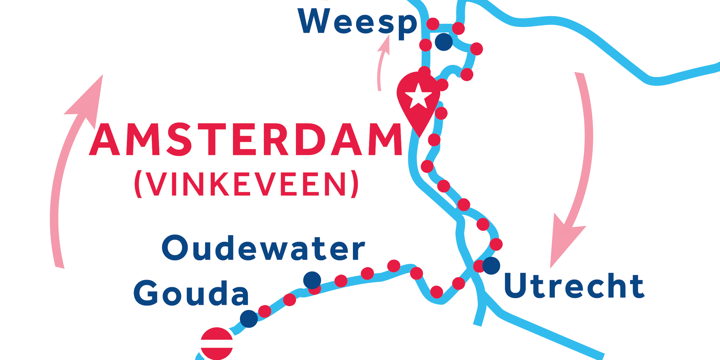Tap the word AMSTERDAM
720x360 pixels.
245,139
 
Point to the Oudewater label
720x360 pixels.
263,248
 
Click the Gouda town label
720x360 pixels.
191,293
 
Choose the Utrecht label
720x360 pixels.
574,286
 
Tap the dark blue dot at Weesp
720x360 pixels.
444,42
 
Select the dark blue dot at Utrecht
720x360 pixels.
491,266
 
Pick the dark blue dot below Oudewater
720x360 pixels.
312,280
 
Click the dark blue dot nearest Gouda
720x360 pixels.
249,319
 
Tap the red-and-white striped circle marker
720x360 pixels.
217,344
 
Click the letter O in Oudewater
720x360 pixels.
175,248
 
